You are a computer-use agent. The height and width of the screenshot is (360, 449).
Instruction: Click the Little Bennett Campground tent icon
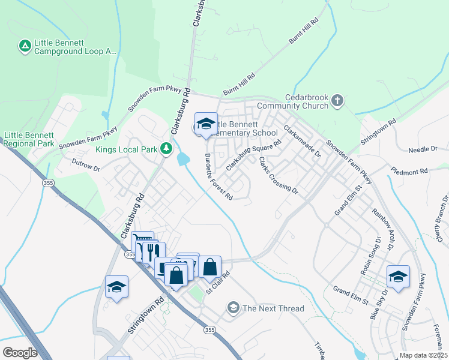pyautogui.click(x=25, y=46)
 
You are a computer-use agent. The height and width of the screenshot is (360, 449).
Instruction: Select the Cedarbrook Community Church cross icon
pyautogui.click(x=337, y=100)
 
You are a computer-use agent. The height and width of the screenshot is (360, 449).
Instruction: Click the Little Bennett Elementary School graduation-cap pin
pyautogui.click(x=206, y=124)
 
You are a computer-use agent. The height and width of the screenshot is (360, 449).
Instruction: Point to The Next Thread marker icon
pyautogui.click(x=233, y=308)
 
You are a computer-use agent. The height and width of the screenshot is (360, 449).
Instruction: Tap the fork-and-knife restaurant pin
pyautogui.click(x=153, y=251)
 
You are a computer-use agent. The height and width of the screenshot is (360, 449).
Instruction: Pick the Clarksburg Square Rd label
pyautogui.click(x=253, y=155)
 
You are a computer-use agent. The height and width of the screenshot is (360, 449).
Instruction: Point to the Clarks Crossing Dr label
pyautogui.click(x=278, y=175)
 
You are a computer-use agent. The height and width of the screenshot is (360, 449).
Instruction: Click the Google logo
pyautogui.click(x=20, y=352)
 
